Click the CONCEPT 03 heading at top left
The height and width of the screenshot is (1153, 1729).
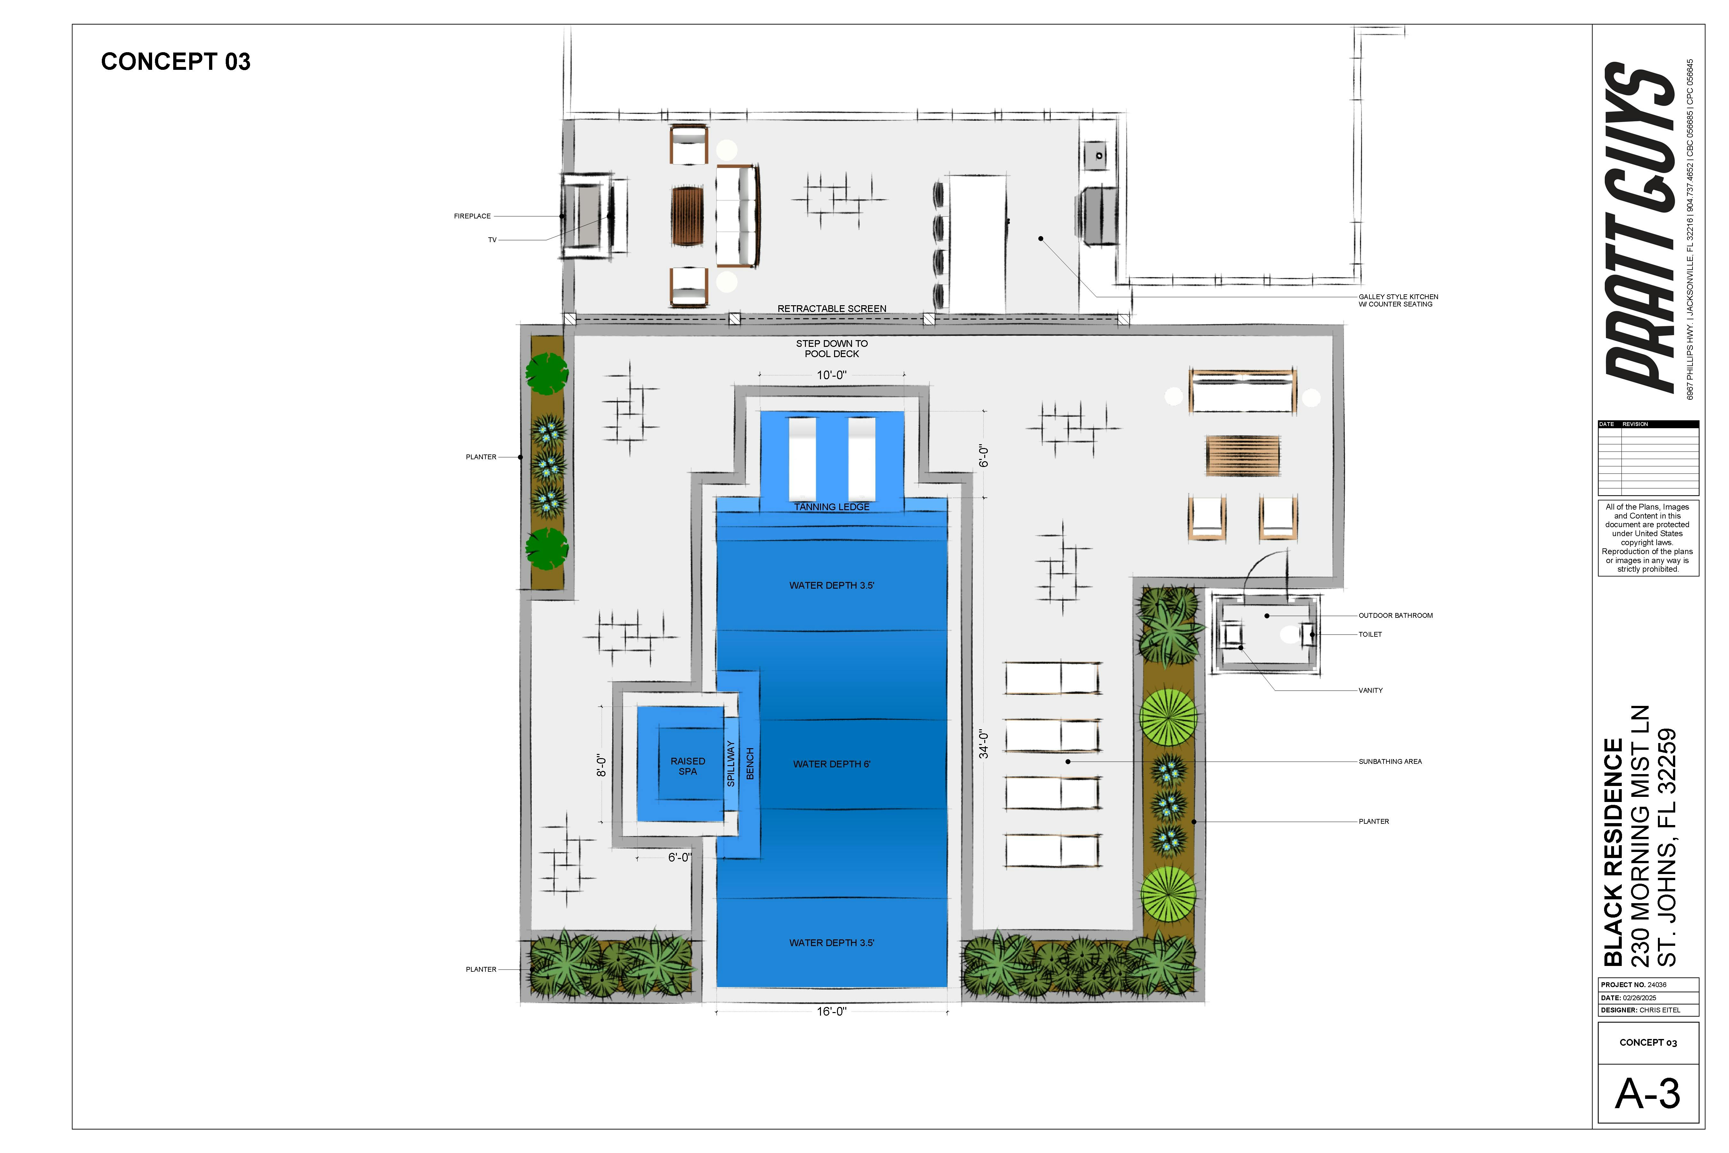(x=176, y=62)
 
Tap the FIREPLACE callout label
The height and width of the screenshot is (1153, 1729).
(x=472, y=216)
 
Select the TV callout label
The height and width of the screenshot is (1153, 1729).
(x=492, y=240)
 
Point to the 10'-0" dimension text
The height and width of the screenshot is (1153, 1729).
(x=832, y=375)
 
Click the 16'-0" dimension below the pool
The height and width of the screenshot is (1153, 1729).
(x=832, y=1012)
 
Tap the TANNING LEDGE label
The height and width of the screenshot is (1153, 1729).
(x=832, y=507)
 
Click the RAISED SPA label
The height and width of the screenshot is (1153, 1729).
(x=687, y=766)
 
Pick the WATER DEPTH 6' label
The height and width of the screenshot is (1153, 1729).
(x=832, y=765)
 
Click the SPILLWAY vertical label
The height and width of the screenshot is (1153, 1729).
(x=731, y=764)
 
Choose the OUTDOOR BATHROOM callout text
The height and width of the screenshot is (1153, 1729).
(x=1395, y=616)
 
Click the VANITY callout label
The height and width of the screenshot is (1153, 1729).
(x=1370, y=691)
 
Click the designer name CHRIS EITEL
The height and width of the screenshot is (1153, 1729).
(x=1660, y=1010)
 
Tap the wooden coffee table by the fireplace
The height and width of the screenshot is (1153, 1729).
(x=687, y=216)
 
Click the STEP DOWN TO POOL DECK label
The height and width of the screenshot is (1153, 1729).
(x=832, y=348)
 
